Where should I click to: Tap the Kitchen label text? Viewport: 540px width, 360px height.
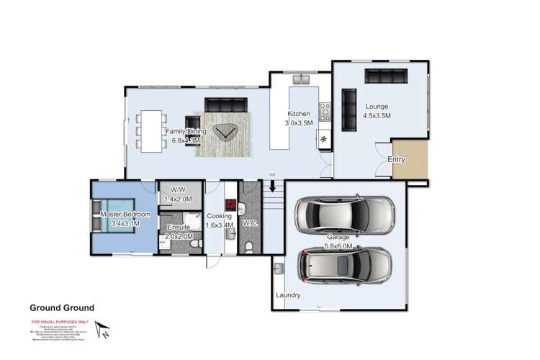point(299,114)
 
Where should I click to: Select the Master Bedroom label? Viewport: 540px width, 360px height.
point(125,215)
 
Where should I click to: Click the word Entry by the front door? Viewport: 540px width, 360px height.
point(396,160)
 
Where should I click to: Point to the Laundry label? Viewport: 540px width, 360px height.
point(288,295)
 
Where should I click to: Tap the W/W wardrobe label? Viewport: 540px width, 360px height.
point(177,190)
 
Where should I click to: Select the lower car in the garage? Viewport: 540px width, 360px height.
point(344,266)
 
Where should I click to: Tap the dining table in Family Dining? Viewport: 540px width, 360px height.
point(150,132)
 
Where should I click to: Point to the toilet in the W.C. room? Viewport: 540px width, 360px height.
point(248,246)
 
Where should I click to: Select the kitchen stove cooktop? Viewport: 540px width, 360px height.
point(325,111)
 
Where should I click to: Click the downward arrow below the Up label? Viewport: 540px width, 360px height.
point(272,186)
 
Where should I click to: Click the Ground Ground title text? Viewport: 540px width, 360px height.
point(61,307)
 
